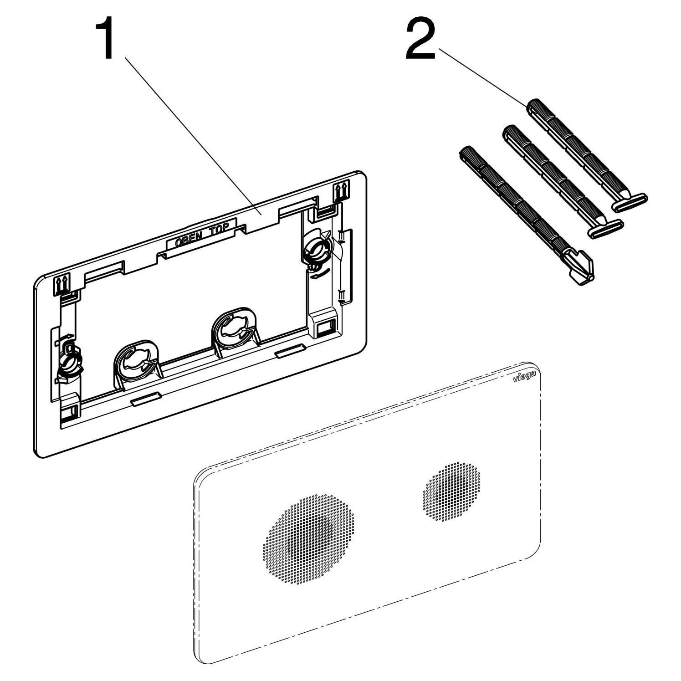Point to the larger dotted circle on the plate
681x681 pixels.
[308, 538]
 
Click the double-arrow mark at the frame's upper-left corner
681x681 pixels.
[61, 284]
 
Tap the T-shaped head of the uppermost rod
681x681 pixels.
[629, 203]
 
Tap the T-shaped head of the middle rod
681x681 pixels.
[605, 229]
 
